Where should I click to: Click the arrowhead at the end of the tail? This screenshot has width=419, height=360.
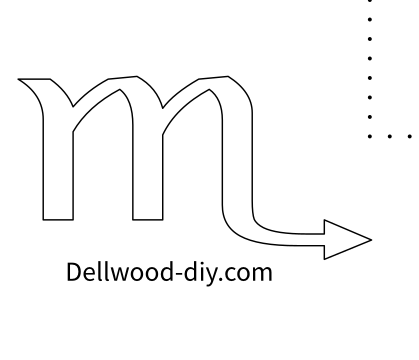pyautogui.click(x=348, y=238)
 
